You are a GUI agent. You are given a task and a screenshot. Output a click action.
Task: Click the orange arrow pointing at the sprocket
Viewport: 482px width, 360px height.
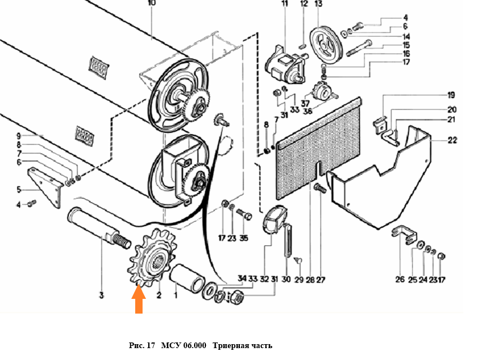pos(138,300)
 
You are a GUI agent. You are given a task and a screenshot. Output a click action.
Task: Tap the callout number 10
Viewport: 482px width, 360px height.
pos(151,3)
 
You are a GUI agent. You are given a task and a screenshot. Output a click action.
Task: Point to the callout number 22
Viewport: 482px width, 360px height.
pos(453,140)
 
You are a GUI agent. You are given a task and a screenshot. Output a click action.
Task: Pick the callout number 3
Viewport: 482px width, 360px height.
pos(102,295)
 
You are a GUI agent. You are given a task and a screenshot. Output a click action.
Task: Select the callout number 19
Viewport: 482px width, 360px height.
pos(451,95)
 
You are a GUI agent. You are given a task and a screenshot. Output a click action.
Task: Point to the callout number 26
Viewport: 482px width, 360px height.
pos(399,279)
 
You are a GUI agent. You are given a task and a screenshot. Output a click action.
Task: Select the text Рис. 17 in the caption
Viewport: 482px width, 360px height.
pos(141,345)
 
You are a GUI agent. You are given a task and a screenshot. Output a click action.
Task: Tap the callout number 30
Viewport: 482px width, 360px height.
pos(285,279)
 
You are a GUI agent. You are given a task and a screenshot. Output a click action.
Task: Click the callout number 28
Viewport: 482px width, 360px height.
pos(310,279)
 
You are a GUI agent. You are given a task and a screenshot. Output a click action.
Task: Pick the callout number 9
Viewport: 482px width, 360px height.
pos(18,136)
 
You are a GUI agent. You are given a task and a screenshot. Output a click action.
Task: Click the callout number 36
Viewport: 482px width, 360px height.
pos(307,112)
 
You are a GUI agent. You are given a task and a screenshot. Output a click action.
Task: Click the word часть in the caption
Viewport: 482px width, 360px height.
pos(261,345)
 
